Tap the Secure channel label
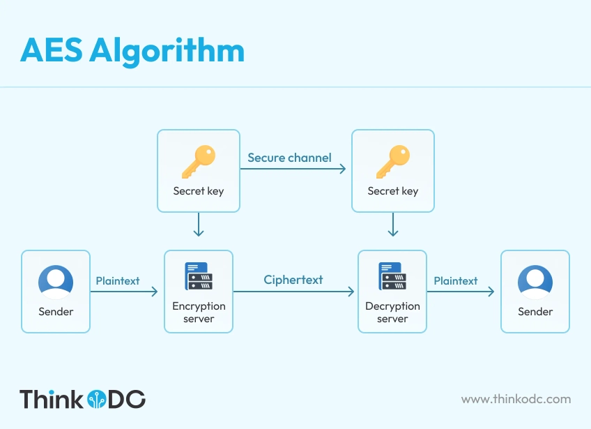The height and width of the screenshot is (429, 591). pos(289,158)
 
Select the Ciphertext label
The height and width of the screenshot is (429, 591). pos(293,280)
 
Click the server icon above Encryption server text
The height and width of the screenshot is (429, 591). pos(199,276)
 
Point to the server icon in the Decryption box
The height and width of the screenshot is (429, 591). pos(392,276)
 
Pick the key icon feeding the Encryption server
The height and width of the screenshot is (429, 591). pos(199,162)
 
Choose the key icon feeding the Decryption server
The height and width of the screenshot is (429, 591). pos(393,162)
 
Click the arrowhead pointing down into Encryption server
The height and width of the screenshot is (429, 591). pos(199,232)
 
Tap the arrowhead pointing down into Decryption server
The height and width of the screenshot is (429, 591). pos(393,232)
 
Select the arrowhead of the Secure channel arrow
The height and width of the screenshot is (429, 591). pos(343,169)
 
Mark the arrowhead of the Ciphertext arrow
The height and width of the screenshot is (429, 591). pos(351,292)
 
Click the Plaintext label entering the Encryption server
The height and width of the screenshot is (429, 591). pos(118,281)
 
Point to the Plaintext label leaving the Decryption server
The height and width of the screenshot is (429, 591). pos(456,281)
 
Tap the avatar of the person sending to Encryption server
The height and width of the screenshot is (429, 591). pos(56,283)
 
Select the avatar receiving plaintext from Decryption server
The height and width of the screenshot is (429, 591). pos(535,283)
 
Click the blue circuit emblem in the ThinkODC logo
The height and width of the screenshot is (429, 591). pos(97,399)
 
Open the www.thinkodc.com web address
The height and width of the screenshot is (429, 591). pos(516,399)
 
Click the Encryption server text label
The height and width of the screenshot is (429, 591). pos(199,313)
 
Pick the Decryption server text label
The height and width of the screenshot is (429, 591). pos(392,313)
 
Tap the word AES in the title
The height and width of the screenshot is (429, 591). pos(52,50)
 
